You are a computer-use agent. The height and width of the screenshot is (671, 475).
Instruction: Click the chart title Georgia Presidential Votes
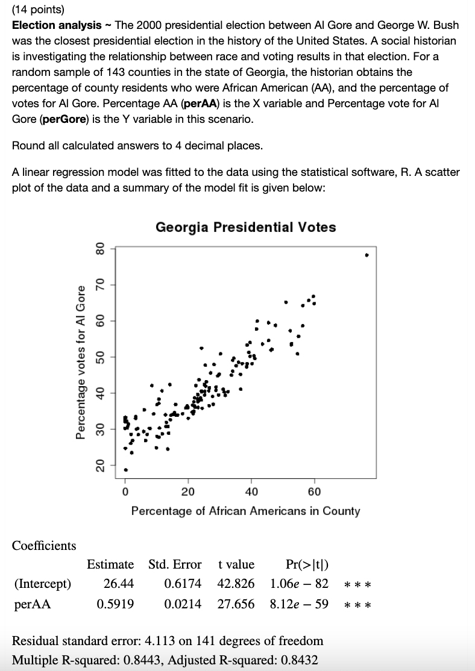pos(246,227)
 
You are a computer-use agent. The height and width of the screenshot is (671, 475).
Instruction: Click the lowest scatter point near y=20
pos(126,470)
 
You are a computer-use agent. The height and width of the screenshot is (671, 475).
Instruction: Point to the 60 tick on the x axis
pos(314,492)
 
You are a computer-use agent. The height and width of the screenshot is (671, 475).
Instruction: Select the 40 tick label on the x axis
pos(251,492)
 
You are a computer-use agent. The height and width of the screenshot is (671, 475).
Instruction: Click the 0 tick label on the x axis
pos(125,492)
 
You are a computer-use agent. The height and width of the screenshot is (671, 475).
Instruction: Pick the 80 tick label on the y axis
pos(101,248)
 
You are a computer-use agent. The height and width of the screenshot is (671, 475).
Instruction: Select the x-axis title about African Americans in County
pos(245,511)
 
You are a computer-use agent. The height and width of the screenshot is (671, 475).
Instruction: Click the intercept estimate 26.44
pos(119,584)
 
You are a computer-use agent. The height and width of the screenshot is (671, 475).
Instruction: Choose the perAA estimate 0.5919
pos(115,603)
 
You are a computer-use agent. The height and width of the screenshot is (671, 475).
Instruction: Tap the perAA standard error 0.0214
pos(183,603)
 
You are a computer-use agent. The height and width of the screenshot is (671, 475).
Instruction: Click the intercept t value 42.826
pos(236,584)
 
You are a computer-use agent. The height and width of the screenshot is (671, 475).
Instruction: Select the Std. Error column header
pos(175,564)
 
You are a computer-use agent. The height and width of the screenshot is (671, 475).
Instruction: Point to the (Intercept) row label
pos(42,584)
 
